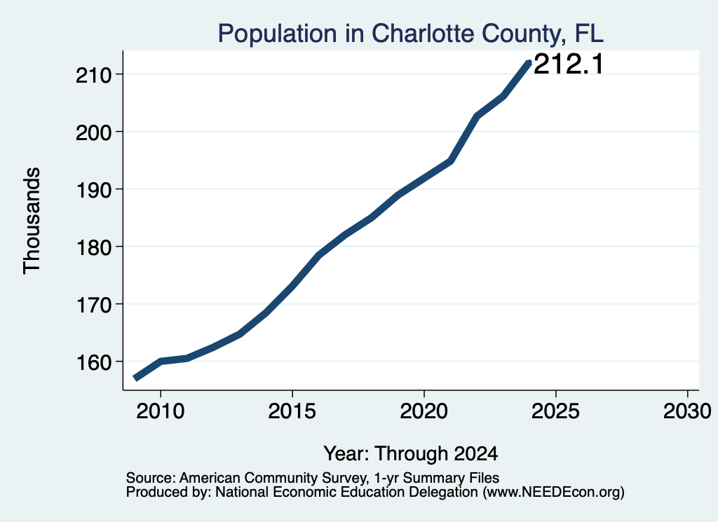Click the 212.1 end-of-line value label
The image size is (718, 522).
[x=569, y=64]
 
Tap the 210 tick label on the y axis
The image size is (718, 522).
[x=94, y=75]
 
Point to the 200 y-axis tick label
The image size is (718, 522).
[x=94, y=132]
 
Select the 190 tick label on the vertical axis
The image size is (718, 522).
[x=94, y=190]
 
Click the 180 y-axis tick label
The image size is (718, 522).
[x=94, y=247]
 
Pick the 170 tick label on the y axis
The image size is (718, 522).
[x=94, y=305]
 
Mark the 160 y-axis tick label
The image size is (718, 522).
[x=94, y=362]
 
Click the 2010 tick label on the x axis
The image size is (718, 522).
[x=161, y=411]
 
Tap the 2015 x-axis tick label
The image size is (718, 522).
[x=292, y=411]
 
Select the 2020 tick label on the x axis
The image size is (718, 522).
[x=424, y=411]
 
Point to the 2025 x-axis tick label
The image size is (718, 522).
[x=555, y=411]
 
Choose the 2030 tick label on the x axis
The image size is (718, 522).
[x=687, y=411]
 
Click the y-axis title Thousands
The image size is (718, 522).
[x=32, y=221]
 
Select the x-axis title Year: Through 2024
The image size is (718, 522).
[x=411, y=453]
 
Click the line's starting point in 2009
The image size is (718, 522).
[x=135, y=378]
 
